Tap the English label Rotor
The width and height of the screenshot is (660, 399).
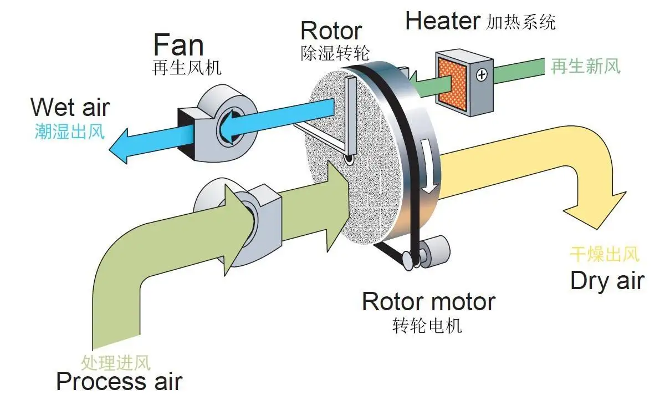click(x=331, y=31)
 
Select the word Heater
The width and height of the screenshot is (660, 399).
click(x=442, y=21)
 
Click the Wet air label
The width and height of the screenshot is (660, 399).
click(x=70, y=107)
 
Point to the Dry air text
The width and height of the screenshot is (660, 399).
click(x=607, y=281)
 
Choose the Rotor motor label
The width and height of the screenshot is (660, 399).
click(x=428, y=302)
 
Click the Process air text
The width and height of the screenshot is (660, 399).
click(x=119, y=382)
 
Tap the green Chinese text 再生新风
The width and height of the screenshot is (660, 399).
click(x=585, y=67)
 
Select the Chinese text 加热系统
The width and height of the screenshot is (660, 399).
click(x=520, y=22)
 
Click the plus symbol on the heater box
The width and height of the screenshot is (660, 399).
click(x=480, y=74)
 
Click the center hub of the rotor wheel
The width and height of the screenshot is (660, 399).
click(x=349, y=160)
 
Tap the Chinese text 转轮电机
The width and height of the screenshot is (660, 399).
click(x=427, y=326)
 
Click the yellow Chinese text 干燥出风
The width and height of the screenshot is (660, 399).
click(x=605, y=255)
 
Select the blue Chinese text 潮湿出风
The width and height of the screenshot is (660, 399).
click(x=69, y=133)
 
